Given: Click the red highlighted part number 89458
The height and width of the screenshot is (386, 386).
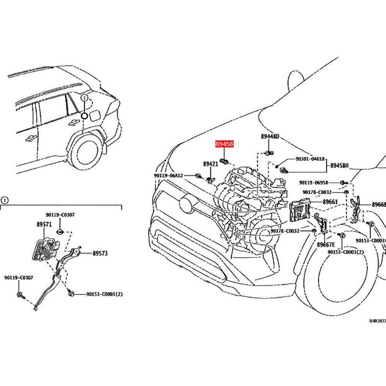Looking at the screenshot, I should (224, 144).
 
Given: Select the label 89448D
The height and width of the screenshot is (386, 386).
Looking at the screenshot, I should (270, 137).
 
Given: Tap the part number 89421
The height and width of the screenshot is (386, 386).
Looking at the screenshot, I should (210, 164).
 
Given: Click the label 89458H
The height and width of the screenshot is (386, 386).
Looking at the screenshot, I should (340, 165).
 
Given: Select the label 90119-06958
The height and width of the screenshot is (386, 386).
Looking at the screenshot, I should (313, 182).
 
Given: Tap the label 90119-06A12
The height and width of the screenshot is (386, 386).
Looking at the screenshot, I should (168, 176).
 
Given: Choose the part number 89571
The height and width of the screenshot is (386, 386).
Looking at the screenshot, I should (43, 224).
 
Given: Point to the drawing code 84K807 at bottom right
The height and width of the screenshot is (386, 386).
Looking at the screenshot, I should (378, 320).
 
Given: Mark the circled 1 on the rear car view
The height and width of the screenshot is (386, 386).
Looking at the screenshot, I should (84, 98).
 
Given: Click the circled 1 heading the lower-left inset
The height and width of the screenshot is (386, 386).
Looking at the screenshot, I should (3, 200).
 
